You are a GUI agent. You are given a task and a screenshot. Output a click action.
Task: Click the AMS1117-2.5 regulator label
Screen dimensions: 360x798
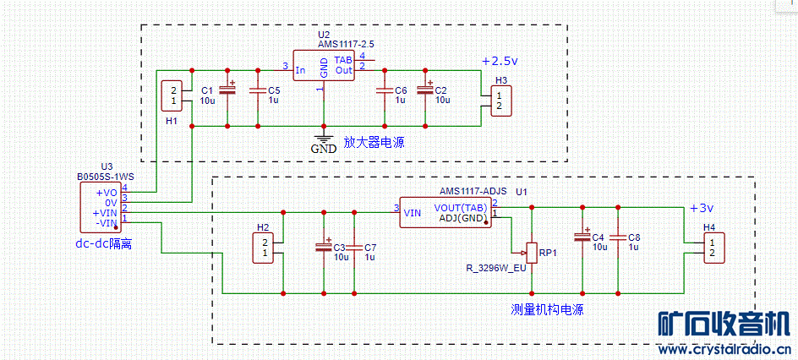click(347, 44)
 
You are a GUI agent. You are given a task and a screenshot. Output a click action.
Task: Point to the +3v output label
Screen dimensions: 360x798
click(702, 208)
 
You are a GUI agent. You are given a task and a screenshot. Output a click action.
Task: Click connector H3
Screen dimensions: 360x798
click(500, 101)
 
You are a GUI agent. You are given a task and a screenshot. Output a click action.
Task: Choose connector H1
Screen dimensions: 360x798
click(173, 95)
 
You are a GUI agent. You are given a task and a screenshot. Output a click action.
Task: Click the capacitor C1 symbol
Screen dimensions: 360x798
click(227, 89)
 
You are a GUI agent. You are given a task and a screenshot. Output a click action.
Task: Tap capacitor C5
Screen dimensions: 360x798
click(256, 90)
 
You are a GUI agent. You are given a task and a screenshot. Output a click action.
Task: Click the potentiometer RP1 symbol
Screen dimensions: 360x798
click(530, 250)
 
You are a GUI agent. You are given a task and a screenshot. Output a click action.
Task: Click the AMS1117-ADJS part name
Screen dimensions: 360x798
click(473, 192)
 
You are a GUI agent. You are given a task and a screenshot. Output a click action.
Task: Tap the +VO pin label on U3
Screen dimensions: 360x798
click(107, 193)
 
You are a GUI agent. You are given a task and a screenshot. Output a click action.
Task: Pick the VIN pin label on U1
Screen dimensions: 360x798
click(413, 213)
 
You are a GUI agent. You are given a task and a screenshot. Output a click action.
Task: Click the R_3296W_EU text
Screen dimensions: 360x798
click(496, 268)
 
